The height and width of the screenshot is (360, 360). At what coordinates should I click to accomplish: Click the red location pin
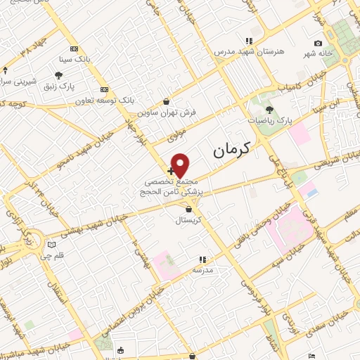(181, 164)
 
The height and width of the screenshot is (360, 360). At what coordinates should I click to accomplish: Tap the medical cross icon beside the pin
(171, 171)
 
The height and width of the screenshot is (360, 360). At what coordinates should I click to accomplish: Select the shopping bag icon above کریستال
(188, 209)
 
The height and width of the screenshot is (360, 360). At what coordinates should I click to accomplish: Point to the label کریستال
(188, 220)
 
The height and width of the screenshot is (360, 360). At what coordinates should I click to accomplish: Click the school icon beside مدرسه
(202, 259)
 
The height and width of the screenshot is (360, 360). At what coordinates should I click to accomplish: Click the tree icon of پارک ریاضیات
(269, 110)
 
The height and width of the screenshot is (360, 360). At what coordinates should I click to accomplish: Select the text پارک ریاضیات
(269, 121)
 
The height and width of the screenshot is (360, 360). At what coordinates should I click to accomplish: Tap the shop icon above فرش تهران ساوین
(165, 101)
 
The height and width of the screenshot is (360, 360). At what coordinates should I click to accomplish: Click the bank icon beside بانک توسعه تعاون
(105, 89)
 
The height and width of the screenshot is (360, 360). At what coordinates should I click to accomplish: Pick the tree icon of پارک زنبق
(58, 75)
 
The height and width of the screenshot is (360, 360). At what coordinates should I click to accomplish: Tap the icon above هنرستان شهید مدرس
(247, 41)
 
